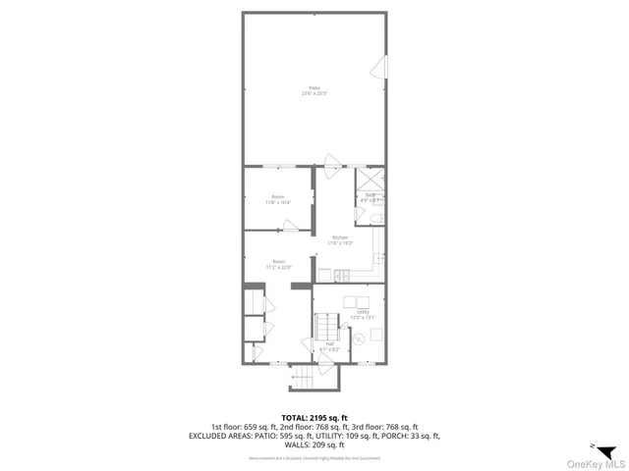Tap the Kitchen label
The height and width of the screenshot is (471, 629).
340,237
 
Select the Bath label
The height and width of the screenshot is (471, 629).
371,196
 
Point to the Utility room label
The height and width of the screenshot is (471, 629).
363,312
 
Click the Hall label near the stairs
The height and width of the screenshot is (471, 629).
329,343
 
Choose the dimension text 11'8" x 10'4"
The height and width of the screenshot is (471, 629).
278,202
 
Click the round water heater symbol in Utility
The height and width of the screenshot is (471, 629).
359,339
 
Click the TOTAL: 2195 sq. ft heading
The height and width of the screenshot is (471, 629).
314,417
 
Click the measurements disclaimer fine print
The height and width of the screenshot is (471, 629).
314,458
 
